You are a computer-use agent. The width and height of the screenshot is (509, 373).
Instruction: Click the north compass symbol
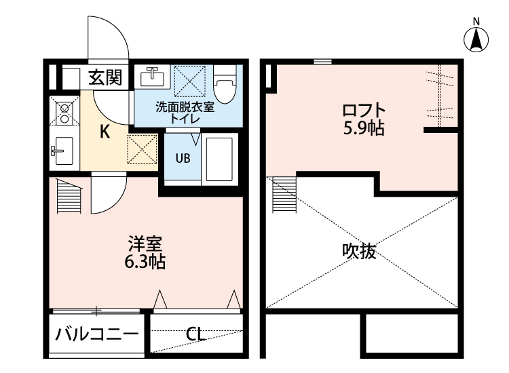[477, 39]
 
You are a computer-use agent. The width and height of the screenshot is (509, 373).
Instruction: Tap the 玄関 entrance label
[105, 78]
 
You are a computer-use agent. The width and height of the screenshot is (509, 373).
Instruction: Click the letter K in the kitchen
[105, 132]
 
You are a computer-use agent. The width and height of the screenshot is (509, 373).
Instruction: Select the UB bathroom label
[183, 159]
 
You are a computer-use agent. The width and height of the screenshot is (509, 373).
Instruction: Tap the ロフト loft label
[364, 109]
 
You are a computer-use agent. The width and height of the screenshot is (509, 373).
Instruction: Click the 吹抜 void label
[358, 252]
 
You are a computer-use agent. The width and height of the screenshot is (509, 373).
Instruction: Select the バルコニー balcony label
[97, 334]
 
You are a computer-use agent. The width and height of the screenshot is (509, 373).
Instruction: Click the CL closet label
[195, 334]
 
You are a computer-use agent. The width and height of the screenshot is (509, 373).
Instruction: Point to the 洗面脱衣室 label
[185, 106]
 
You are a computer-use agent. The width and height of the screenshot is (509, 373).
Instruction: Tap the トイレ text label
[185, 119]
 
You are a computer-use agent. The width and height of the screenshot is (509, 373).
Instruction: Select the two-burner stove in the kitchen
[64, 113]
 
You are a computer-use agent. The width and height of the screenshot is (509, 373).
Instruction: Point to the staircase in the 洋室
[69, 196]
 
